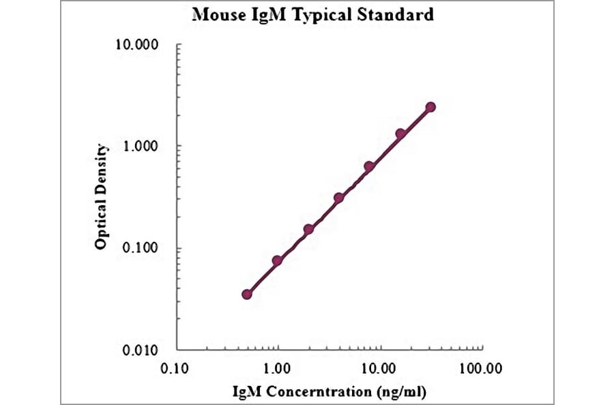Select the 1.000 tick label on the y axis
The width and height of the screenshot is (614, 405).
[x=140, y=147]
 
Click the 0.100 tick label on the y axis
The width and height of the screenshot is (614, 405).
[x=140, y=248]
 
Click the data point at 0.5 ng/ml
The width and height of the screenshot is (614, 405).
[x=247, y=294]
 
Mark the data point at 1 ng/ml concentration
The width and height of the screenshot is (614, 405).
[x=278, y=260]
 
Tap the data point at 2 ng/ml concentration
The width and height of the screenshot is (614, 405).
[x=308, y=229]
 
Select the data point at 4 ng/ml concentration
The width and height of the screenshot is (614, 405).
[x=339, y=198]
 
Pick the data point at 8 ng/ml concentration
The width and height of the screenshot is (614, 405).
[x=369, y=166]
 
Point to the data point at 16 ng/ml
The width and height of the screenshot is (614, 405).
[x=400, y=134]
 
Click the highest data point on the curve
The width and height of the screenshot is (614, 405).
[x=430, y=107]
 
